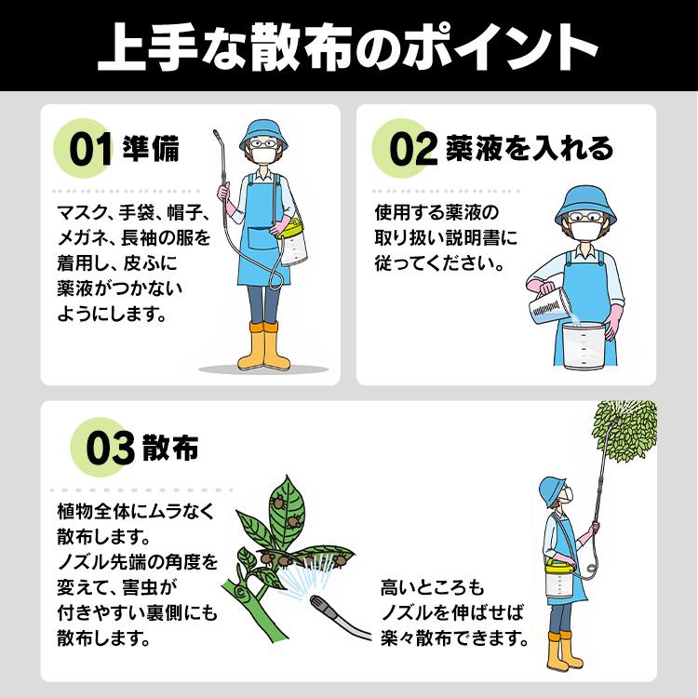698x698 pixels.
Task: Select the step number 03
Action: (x=110, y=450)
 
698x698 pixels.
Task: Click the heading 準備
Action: (x=151, y=150)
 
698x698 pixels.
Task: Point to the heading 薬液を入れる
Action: (x=529, y=149)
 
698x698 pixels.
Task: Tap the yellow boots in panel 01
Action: (x=258, y=346)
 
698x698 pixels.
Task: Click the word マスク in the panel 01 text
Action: (x=77, y=211)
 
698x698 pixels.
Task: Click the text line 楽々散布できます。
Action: (x=455, y=639)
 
